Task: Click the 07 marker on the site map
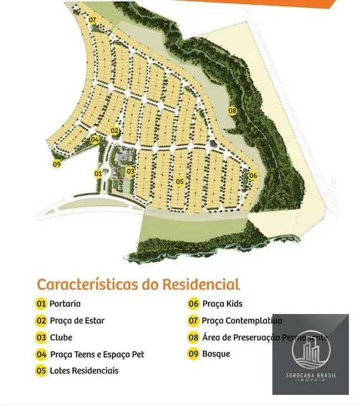(92, 20)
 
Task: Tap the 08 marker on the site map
(232, 111)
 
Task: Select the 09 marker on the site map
(56, 164)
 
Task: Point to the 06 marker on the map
(253, 176)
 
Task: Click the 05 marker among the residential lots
(180, 182)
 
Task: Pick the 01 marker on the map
(98, 173)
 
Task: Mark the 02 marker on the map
(115, 131)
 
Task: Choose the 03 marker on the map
(130, 171)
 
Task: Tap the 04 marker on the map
(95, 140)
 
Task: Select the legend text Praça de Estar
(77, 321)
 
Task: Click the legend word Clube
(61, 338)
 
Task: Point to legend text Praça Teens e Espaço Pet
(97, 355)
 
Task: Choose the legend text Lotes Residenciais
(84, 371)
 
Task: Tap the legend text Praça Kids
(221, 304)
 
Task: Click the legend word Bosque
(216, 354)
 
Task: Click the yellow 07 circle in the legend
(193, 321)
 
